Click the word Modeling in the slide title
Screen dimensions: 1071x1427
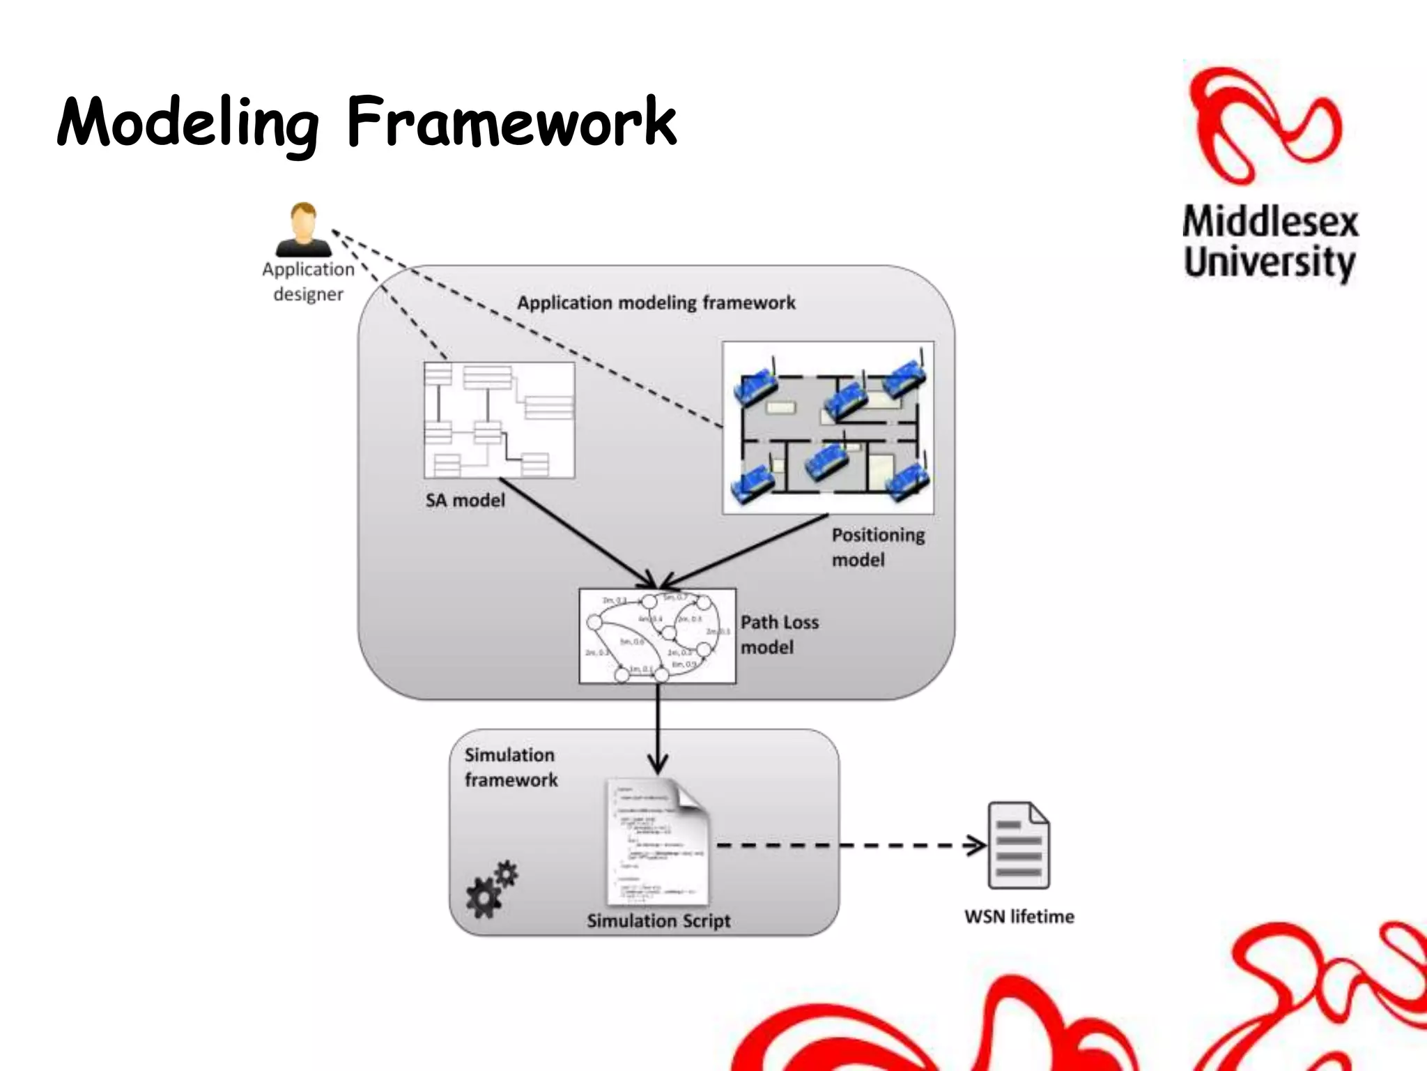(x=188, y=123)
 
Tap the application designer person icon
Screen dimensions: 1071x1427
(x=303, y=230)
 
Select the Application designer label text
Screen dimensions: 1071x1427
(x=308, y=282)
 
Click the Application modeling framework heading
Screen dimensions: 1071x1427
(x=656, y=303)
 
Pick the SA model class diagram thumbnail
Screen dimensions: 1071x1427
(x=499, y=420)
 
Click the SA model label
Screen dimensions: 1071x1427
(x=465, y=501)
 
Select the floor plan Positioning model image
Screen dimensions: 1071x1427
(x=828, y=427)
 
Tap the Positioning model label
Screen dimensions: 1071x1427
(x=878, y=547)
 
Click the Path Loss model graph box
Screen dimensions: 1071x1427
(x=657, y=636)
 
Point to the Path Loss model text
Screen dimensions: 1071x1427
(x=779, y=635)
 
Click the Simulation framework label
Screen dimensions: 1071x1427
(x=511, y=768)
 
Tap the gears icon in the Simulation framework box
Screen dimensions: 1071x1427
(x=492, y=889)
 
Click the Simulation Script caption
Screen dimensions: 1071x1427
(x=658, y=921)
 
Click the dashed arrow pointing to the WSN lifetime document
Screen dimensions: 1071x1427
(x=850, y=846)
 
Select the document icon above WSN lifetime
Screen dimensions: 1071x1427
(x=1019, y=845)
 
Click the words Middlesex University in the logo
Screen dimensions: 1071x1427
(x=1270, y=242)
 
